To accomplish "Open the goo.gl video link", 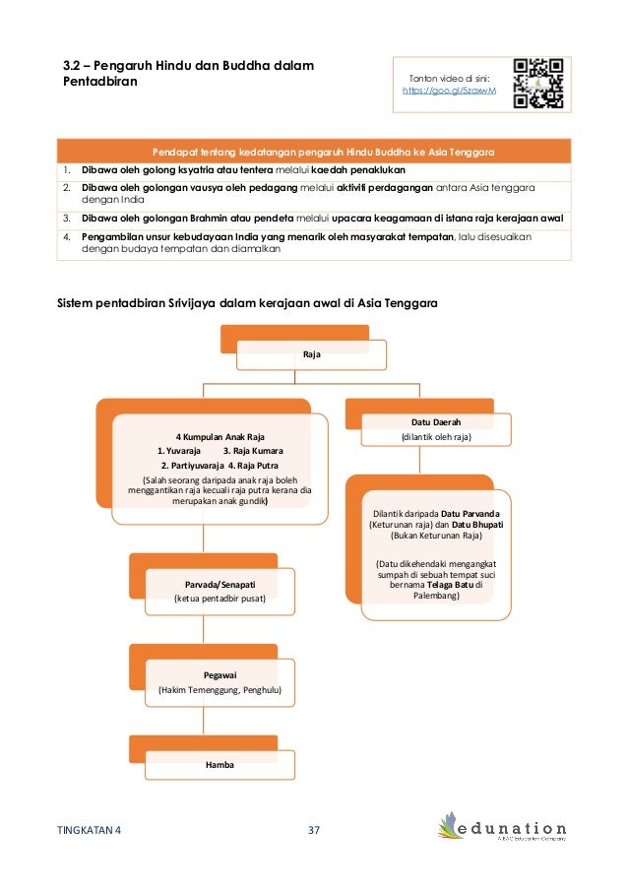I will click(451, 91).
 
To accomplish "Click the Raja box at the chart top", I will click(304, 352).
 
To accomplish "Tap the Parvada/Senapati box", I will click(220, 592).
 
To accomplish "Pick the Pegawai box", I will click(219, 684).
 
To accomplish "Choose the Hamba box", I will click(220, 764).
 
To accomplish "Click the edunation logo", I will click(503, 831).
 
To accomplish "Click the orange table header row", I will click(324, 153).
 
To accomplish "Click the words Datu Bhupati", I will click(477, 525).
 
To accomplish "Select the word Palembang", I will click(436, 597).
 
